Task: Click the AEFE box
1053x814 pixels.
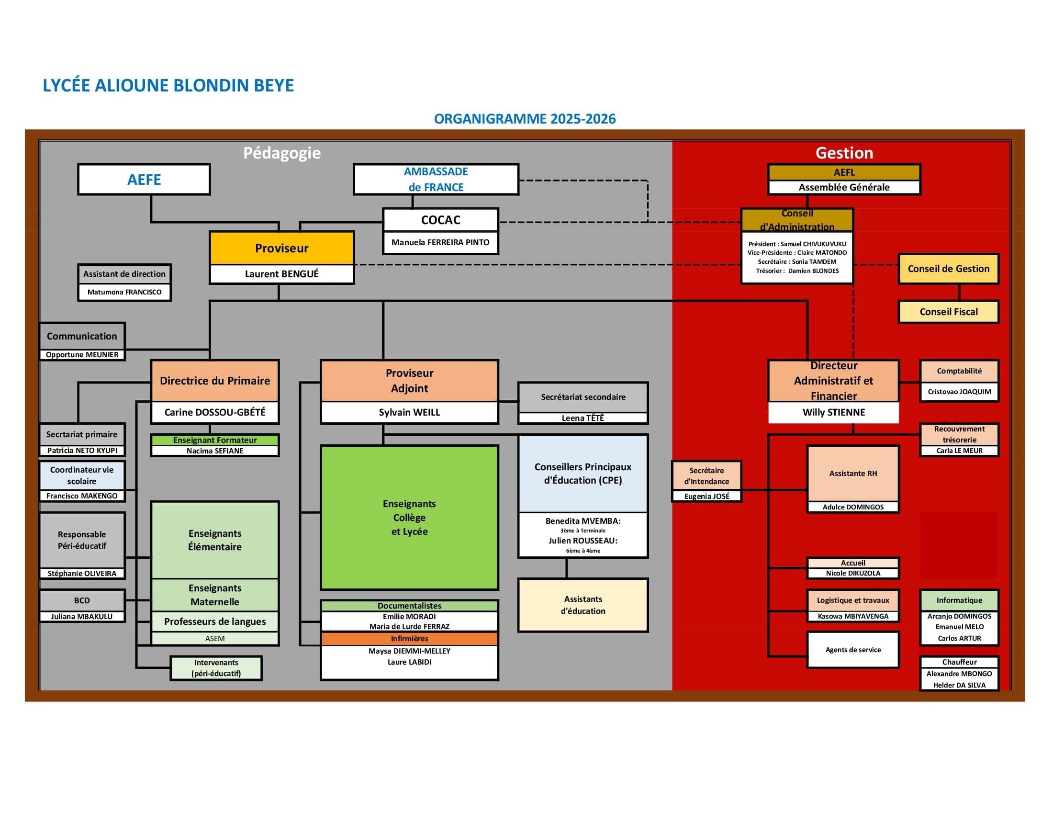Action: point(144,180)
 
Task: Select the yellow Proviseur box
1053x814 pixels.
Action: point(281,248)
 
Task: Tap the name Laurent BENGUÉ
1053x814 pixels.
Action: point(281,274)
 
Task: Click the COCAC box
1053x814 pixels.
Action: point(440,220)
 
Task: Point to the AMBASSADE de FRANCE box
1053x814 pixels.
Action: point(436,179)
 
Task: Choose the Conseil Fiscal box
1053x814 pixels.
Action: point(948,312)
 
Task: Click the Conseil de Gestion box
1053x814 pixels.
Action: point(948,269)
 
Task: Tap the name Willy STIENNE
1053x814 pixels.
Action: point(833,412)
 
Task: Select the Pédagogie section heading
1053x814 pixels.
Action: point(281,153)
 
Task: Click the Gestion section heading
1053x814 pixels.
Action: point(844,153)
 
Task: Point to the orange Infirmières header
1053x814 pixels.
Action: point(409,638)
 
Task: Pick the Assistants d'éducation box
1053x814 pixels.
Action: point(583,605)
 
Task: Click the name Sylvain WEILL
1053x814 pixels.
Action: point(409,412)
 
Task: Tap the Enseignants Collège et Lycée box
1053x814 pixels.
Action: point(409,517)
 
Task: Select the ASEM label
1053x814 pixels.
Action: point(214,638)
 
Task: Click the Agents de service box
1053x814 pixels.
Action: point(852,650)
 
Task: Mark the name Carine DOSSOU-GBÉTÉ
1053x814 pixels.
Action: point(214,412)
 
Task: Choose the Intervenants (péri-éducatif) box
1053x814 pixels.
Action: point(216,668)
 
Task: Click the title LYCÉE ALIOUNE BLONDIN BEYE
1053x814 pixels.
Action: point(168,85)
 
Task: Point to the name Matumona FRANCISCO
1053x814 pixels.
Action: point(124,292)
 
